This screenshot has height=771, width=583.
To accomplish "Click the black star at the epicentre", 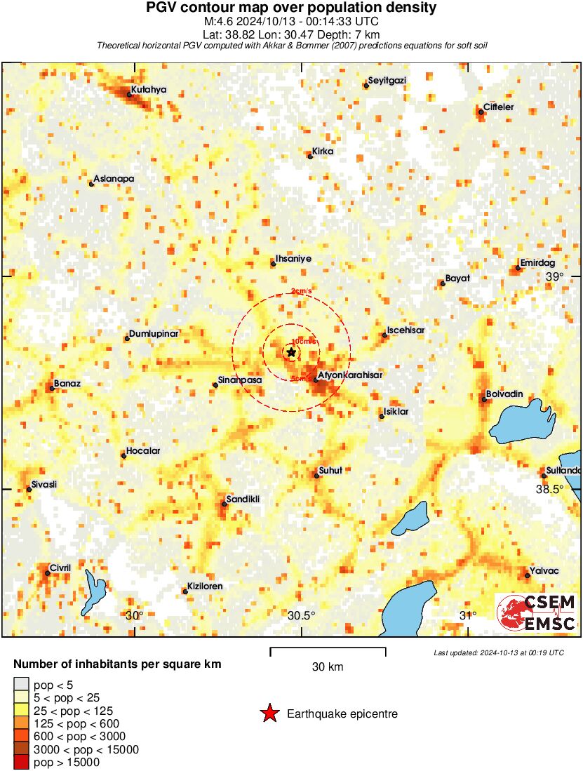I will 291,352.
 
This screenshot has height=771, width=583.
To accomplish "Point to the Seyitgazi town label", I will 387,80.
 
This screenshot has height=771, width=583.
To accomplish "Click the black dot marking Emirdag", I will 518,268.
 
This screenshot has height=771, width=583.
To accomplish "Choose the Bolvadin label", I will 506,394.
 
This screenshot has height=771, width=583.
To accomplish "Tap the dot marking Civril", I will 48,573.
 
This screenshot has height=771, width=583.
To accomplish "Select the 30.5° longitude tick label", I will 302,615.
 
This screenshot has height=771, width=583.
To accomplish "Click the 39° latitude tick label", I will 555,277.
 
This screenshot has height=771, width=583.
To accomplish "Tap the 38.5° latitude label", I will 550,490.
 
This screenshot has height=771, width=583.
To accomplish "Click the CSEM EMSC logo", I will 537,612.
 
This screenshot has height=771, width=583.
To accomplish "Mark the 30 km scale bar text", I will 328,666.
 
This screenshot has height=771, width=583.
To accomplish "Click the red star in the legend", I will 269,713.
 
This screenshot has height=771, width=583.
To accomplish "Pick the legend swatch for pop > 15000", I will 21,762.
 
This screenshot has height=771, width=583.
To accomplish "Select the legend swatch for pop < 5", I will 21,684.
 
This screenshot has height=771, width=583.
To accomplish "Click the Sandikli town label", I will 243,499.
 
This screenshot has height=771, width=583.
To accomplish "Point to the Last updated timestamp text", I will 499,652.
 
